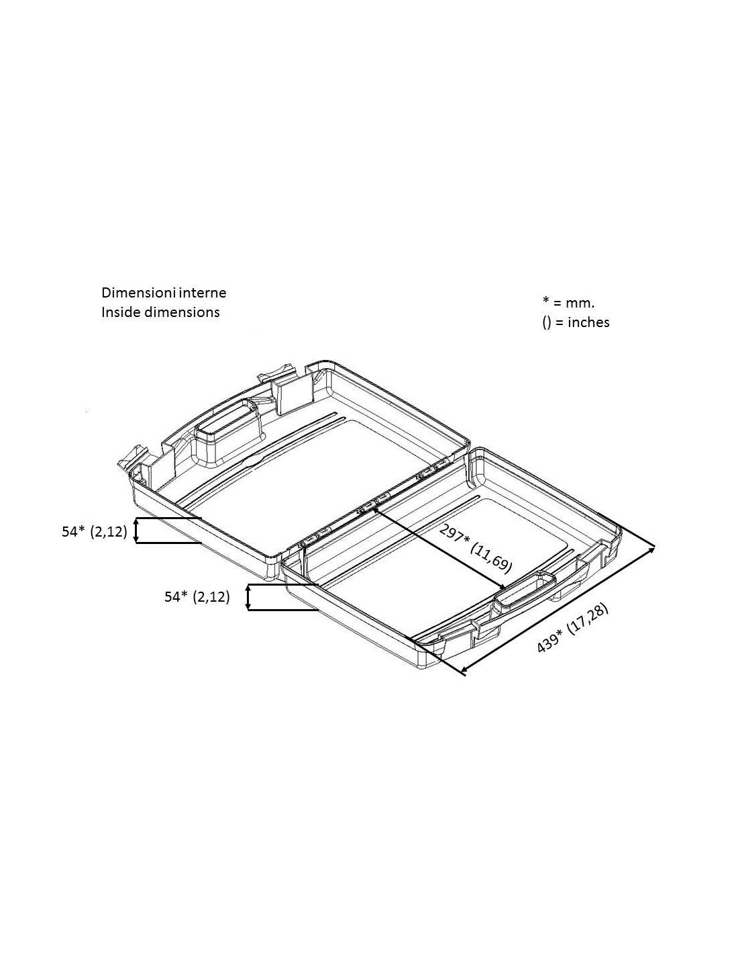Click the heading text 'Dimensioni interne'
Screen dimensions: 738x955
tap(164, 292)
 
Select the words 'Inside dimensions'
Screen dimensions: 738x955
tap(160, 312)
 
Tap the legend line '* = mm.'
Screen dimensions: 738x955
tap(568, 302)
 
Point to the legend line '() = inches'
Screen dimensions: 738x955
tap(576, 322)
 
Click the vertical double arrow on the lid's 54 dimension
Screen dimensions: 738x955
tap(136, 531)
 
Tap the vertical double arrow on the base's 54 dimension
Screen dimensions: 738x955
tap(248, 597)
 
